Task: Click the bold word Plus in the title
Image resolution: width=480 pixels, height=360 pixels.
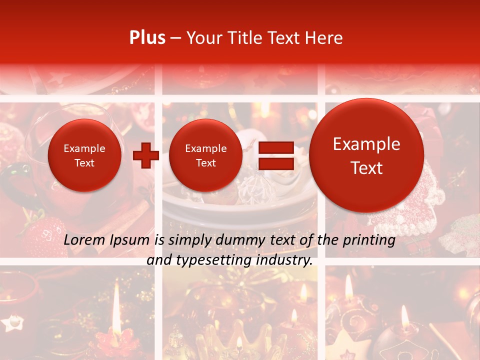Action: [147, 38]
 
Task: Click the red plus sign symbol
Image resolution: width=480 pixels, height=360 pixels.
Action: [145, 155]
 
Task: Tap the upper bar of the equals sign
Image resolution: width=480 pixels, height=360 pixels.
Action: [276, 147]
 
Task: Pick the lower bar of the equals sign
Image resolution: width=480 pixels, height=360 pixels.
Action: [276, 164]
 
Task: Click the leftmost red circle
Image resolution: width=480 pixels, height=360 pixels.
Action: [84, 155]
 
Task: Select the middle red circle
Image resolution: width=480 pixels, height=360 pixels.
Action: [205, 155]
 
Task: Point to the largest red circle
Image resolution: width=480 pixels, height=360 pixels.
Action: [366, 155]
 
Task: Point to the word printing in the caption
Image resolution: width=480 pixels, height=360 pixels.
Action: [368, 240]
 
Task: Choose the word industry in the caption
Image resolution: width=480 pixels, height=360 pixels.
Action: [284, 260]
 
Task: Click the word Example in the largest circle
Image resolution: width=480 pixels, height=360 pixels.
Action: [366, 144]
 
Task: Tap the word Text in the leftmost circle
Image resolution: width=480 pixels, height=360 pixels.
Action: [84, 163]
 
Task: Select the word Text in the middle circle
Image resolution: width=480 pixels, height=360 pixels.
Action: [205, 163]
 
